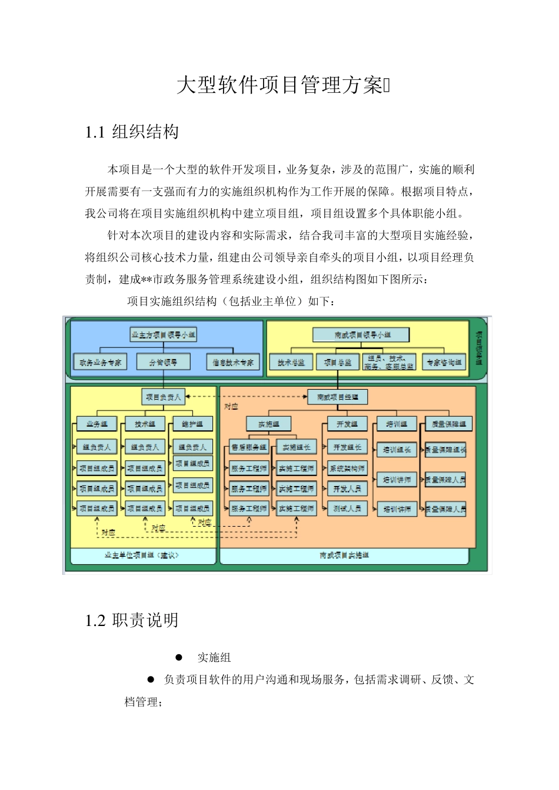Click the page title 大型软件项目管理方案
[x=280, y=85]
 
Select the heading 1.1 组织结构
[x=132, y=132]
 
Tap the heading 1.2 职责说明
[x=132, y=620]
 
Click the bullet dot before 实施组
[x=179, y=657]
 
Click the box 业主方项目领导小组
[x=164, y=334]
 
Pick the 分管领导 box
[x=163, y=362]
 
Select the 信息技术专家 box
[x=233, y=362]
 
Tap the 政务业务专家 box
[x=100, y=362]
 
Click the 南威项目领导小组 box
[x=361, y=334]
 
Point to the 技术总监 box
[x=291, y=362]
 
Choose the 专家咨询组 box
[x=444, y=362]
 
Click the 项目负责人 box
[x=164, y=397]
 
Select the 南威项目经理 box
[x=338, y=397]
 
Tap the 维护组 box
[x=192, y=424]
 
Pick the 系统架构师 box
[x=347, y=468]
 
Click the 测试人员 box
[x=347, y=508]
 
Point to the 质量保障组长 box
[x=445, y=450]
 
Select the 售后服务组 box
[x=249, y=447]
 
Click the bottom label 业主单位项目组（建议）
[x=142, y=555]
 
